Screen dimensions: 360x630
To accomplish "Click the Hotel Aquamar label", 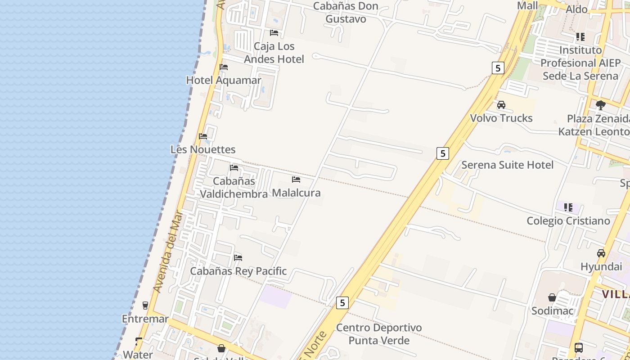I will [x=224, y=80].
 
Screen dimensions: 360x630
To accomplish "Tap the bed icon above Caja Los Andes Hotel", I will [x=274, y=32].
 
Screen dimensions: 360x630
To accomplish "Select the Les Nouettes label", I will [x=203, y=149].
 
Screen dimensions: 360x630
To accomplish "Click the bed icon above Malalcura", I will [x=296, y=179].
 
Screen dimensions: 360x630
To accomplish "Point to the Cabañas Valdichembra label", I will [x=234, y=188].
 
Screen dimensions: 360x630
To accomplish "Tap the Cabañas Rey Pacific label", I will [x=238, y=271].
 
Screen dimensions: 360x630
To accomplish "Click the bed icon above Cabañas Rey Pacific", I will [x=238, y=257].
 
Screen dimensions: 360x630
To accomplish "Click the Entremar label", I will [x=145, y=319].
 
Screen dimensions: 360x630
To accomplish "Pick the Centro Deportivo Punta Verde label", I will [x=379, y=334].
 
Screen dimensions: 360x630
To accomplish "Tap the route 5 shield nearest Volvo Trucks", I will [x=497, y=68].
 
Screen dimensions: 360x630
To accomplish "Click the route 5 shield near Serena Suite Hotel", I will [x=443, y=153].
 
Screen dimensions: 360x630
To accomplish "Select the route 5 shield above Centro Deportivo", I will [x=342, y=303].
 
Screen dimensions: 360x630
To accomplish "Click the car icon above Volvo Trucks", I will [x=501, y=105].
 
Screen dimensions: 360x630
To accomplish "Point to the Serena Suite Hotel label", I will [x=508, y=165].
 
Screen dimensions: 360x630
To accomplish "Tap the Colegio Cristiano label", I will [x=568, y=220].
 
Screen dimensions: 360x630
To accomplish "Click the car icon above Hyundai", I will [x=601, y=253].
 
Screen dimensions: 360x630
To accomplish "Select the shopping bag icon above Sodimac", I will [x=552, y=297].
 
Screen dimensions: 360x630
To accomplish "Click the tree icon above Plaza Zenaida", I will [x=600, y=105].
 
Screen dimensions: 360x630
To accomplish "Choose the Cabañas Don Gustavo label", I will [x=346, y=13].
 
